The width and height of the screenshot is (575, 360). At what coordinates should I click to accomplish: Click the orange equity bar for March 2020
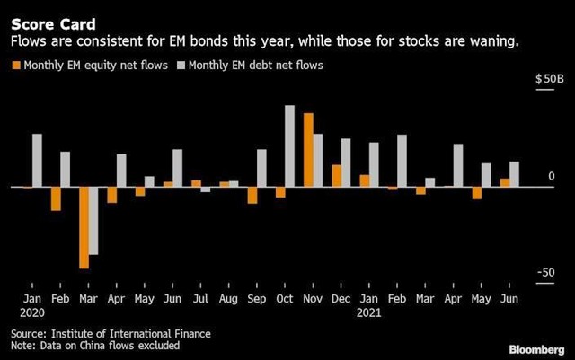84,227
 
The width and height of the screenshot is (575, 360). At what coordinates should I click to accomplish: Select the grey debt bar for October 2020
290,146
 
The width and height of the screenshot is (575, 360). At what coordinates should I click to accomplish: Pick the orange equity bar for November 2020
308,150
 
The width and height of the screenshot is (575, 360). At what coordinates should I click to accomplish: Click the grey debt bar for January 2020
37,161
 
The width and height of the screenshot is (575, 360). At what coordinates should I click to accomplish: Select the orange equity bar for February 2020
56,198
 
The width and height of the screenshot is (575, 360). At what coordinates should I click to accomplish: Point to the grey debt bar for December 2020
346,162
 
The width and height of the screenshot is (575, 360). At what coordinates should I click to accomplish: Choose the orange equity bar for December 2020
336,176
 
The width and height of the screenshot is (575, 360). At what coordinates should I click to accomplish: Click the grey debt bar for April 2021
458,165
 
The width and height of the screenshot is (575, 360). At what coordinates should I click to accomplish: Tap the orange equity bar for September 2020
252,195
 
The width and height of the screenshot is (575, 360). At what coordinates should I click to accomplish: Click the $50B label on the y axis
549,80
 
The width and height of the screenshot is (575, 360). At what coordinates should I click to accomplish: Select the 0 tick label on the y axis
552,177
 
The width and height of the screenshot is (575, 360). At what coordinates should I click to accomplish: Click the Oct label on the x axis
285,298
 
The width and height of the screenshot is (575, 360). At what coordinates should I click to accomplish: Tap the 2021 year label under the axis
369,313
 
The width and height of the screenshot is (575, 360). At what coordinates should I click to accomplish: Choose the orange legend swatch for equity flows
15,65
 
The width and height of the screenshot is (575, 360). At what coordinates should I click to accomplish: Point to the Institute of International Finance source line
111,334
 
